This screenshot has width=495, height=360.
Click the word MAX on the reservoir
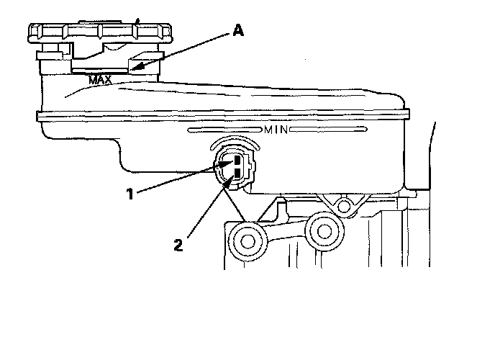point(99,80)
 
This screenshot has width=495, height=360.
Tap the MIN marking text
point(276,130)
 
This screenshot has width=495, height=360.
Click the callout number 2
point(178,243)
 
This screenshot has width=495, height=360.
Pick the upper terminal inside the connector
point(236,161)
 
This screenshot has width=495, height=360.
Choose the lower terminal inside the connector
point(236,173)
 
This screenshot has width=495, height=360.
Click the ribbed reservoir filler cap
point(100,35)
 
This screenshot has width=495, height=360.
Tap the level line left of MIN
point(224,130)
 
